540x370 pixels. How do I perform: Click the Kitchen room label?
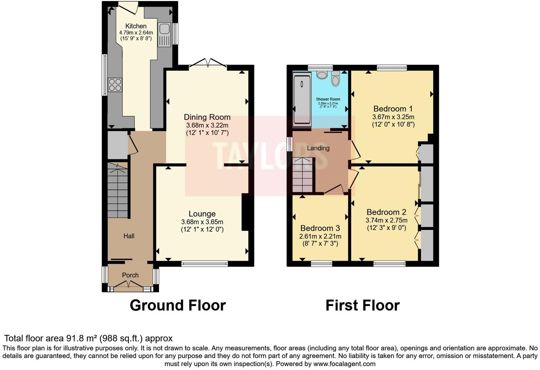tap(136, 26)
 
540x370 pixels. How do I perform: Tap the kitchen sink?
tap(164, 35)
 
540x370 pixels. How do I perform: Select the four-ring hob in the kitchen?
tap(115, 85)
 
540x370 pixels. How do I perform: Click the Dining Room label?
tap(207, 117)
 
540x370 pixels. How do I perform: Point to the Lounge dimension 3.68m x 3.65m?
tap(202, 222)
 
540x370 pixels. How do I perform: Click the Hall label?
tap(129, 236)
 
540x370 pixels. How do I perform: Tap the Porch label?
tap(130, 275)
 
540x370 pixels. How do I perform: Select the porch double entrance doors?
tap(130, 284)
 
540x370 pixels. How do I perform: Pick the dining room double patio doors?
tap(208, 63)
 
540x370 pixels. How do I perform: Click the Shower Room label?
tap(328, 99)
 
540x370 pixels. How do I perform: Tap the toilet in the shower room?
tap(335, 79)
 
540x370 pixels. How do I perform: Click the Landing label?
tap(318, 148)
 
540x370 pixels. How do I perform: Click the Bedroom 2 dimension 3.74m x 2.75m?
tap(386, 220)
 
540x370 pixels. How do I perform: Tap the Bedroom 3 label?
tap(320, 228)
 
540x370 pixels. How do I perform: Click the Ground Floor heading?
tap(178, 305)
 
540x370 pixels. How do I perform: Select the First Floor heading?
tap(362, 305)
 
